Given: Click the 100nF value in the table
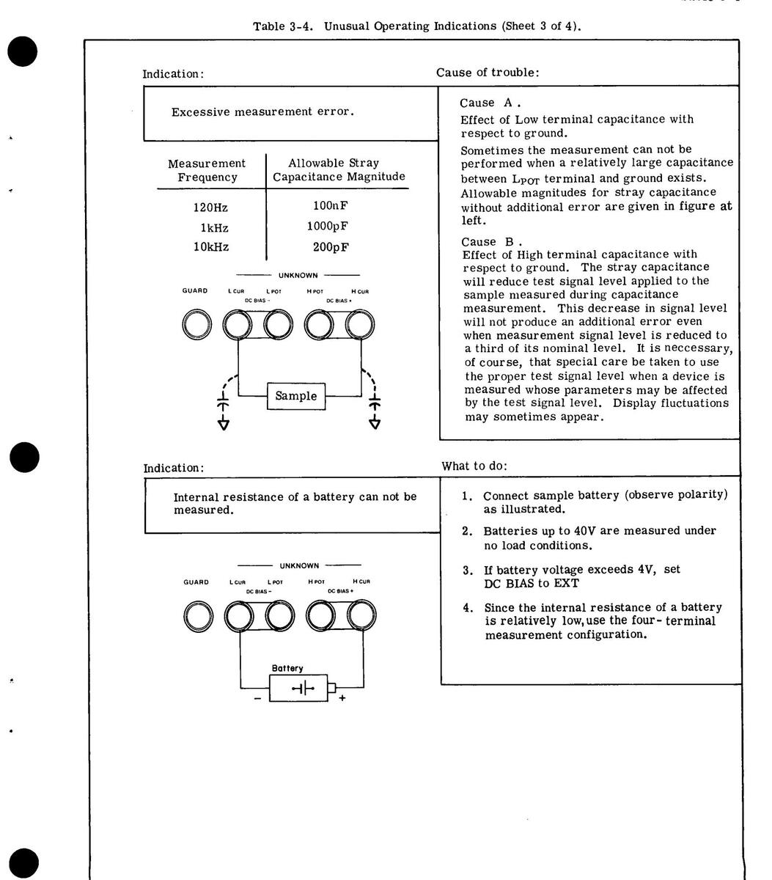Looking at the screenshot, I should click(330, 206).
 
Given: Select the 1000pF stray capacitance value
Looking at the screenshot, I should click(327, 227).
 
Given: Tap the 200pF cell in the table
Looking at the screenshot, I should click(330, 247).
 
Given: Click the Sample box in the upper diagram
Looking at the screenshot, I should click(296, 396).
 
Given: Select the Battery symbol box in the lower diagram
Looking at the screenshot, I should click(299, 688).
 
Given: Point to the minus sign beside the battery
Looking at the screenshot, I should click(257, 698).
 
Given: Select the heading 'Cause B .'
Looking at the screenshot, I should click(491, 241).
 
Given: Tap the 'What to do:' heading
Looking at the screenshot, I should click(474, 466).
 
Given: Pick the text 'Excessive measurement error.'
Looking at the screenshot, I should click(262, 112).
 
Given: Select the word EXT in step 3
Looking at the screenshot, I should click(567, 583).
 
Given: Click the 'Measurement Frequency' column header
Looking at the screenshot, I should click(207, 170).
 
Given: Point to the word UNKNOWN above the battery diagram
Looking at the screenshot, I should click(298, 565).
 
